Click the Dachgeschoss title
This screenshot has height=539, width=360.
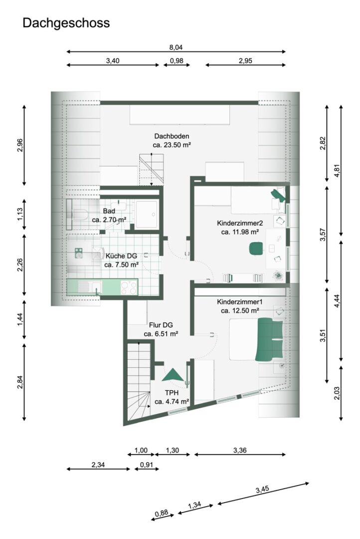tap(66, 23)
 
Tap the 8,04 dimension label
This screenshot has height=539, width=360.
tap(176, 47)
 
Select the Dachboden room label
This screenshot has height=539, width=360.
tap(172, 136)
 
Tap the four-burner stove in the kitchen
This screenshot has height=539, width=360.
tap(129, 287)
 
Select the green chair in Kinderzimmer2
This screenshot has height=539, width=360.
tap(256, 248)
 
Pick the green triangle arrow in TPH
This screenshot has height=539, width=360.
tap(173, 375)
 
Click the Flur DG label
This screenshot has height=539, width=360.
tap(161, 325)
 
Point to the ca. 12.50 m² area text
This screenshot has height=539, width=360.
tap(240, 311)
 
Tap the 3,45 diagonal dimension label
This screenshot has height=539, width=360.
tap(262, 489)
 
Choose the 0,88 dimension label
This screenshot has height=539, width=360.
tap(162, 513)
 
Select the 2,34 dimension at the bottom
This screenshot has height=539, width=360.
tap(98, 465)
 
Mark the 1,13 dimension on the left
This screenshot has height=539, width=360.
tap(20, 215)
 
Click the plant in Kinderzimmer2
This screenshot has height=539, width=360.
tap(278, 275)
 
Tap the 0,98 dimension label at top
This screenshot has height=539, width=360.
tap(177, 61)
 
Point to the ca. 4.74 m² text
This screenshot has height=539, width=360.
tap(172, 401)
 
